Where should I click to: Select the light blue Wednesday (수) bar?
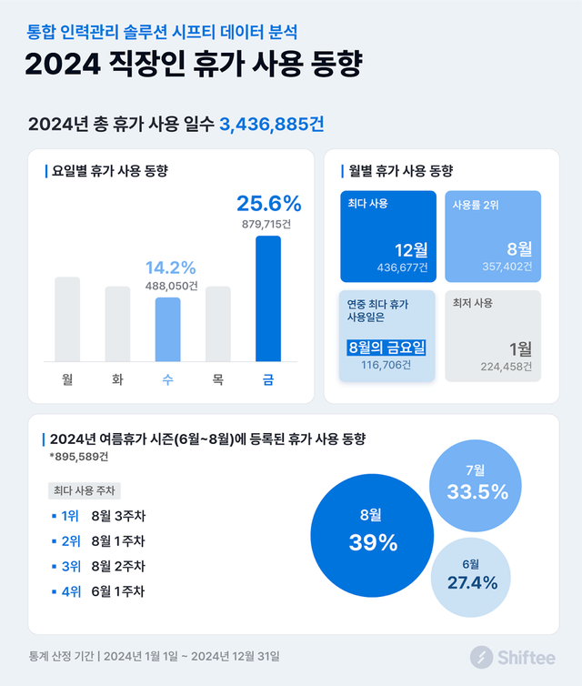168,328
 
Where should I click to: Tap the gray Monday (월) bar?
67,318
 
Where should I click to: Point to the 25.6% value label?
268,204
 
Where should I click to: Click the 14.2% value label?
171,267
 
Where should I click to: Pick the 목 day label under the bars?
218,379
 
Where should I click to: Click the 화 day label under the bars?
117,379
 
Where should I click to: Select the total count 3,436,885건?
272,125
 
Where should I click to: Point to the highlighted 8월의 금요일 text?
386,348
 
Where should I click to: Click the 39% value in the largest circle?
374,543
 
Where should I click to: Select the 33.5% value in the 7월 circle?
477,492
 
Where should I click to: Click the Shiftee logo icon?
481,656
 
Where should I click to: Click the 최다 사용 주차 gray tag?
84,490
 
